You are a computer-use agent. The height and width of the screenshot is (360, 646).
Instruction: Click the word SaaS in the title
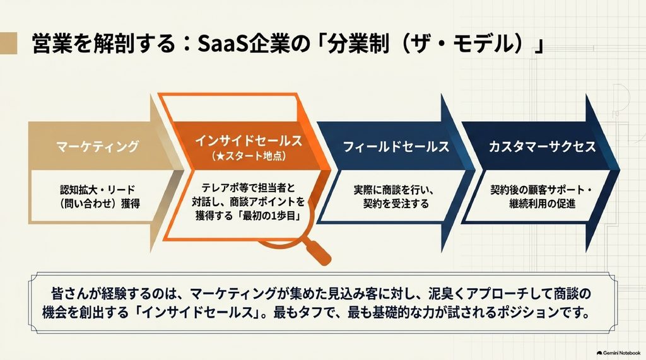coord(223,44)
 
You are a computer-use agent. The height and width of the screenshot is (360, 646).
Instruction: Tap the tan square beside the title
coord(9,44)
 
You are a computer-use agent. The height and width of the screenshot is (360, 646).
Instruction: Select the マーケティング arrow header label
coord(98,146)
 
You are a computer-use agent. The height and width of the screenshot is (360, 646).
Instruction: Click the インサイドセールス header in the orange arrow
coord(249,141)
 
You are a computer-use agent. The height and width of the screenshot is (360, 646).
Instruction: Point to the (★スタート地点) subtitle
coord(249,156)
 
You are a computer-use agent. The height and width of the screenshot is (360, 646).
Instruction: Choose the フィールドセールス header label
coord(396,147)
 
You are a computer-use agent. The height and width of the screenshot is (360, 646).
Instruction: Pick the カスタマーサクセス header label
coord(542,147)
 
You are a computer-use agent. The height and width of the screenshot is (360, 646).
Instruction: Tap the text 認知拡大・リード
coord(97,190)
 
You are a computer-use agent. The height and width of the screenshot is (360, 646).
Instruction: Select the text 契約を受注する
coord(396,204)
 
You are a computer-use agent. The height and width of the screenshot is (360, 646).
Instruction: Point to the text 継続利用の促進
coord(542,204)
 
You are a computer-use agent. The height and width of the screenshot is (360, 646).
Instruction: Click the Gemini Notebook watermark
coord(618,353)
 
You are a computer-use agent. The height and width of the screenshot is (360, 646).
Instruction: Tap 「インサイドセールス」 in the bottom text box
coord(197,313)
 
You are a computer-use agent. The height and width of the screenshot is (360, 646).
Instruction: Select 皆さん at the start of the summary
coord(66,294)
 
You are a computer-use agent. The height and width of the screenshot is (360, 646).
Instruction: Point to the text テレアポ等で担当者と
coord(249,189)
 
